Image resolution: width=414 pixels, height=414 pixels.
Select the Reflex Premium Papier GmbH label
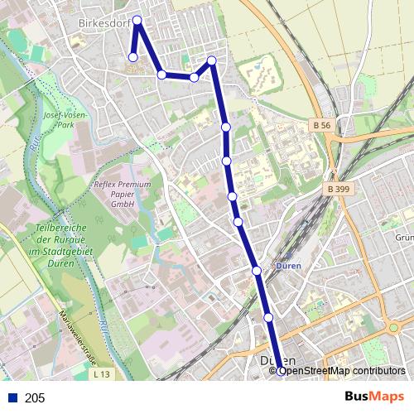(x=123, y=194)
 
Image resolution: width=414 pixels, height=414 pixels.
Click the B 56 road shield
(x=323, y=124)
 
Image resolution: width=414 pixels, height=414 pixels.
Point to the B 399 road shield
(x=336, y=189)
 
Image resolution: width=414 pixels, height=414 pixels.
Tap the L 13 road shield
(x=102, y=376)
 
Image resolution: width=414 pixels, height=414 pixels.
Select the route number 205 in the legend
(x=35, y=398)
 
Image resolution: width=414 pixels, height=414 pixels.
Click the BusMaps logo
(x=374, y=397)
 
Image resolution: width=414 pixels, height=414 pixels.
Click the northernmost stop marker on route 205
(x=137, y=20)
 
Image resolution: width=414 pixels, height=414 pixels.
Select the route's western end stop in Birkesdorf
(x=132, y=57)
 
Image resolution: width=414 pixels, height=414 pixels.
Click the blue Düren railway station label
(x=286, y=267)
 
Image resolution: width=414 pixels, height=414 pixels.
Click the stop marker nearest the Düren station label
(x=257, y=271)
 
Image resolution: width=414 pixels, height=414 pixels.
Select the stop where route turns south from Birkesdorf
(x=212, y=60)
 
